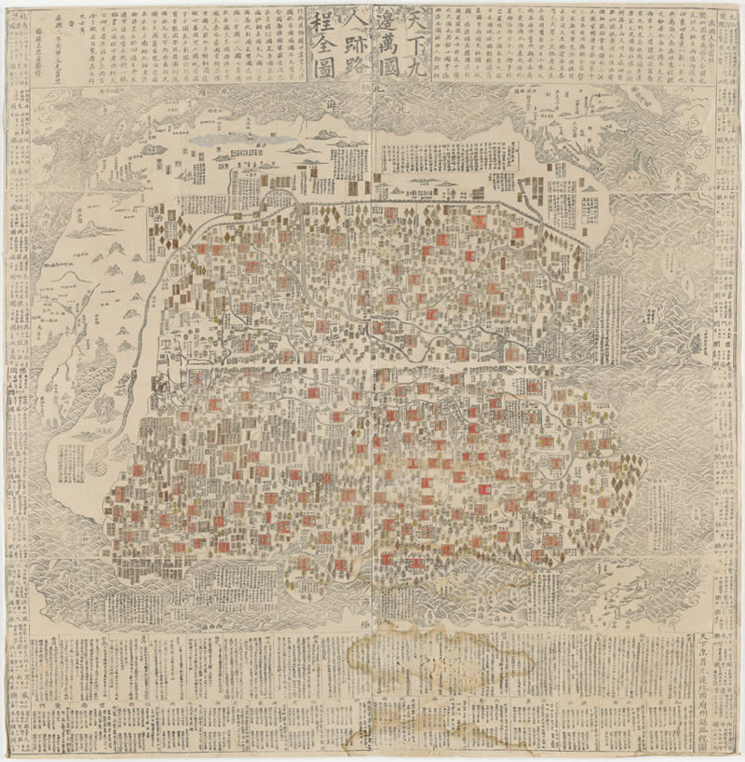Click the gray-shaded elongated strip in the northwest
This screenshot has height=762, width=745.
pos(226,138)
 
